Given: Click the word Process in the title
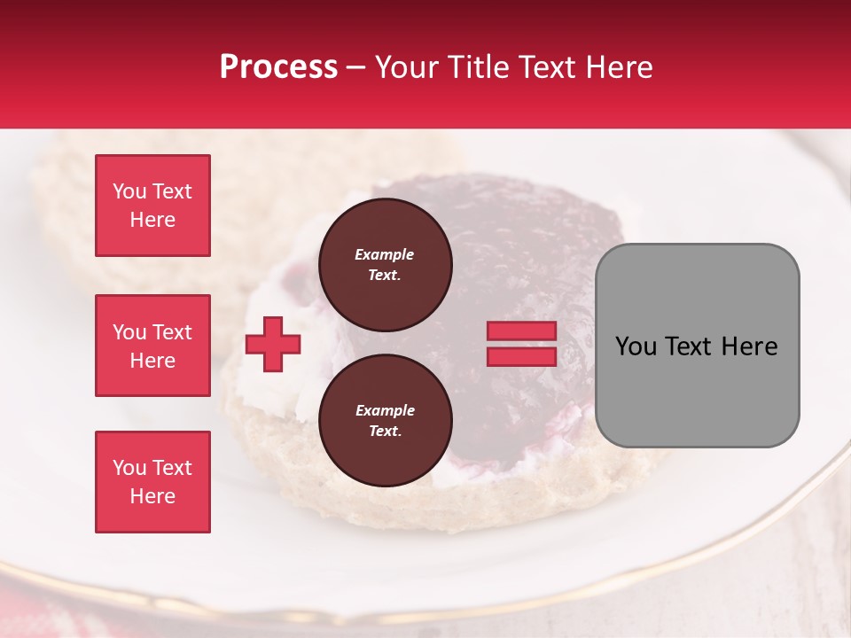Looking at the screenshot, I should (x=278, y=67).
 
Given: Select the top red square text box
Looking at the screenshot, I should (x=152, y=206).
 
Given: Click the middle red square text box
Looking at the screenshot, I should (x=152, y=346).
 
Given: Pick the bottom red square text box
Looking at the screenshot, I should (x=152, y=482).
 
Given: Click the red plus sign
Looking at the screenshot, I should (x=273, y=344).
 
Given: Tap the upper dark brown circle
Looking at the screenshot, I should (x=385, y=265).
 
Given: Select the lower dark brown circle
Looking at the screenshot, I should (x=385, y=421).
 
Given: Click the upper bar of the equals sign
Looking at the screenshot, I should (x=521, y=331).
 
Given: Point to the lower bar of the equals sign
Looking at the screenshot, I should (x=521, y=357).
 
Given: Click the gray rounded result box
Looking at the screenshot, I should (x=697, y=346).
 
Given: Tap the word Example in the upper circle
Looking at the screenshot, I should (x=385, y=254).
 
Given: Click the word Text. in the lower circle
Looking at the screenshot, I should (x=385, y=432).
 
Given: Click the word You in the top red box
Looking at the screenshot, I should (x=129, y=191).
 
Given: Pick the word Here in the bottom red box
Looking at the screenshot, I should (x=152, y=496).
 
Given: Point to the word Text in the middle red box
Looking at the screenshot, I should (x=172, y=332).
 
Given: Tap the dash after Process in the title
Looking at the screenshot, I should (x=355, y=67).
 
